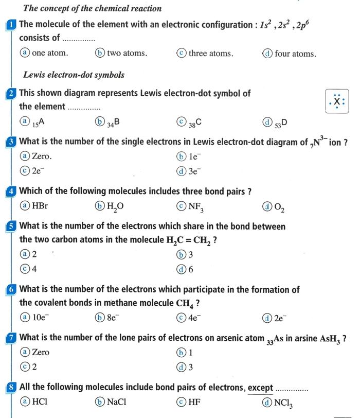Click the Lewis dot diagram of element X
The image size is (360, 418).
click(x=337, y=101)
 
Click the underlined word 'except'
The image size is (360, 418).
click(x=260, y=387)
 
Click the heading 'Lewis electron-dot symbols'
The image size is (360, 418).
click(x=74, y=75)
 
